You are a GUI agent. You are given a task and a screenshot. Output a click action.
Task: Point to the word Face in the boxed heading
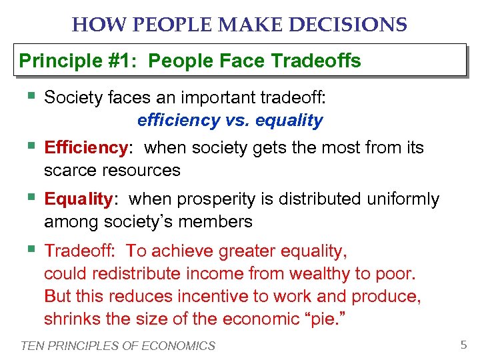[x=245, y=61]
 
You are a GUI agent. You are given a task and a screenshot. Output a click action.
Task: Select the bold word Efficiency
[x=85, y=147]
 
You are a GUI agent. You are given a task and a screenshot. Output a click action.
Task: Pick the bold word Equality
[x=79, y=199]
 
